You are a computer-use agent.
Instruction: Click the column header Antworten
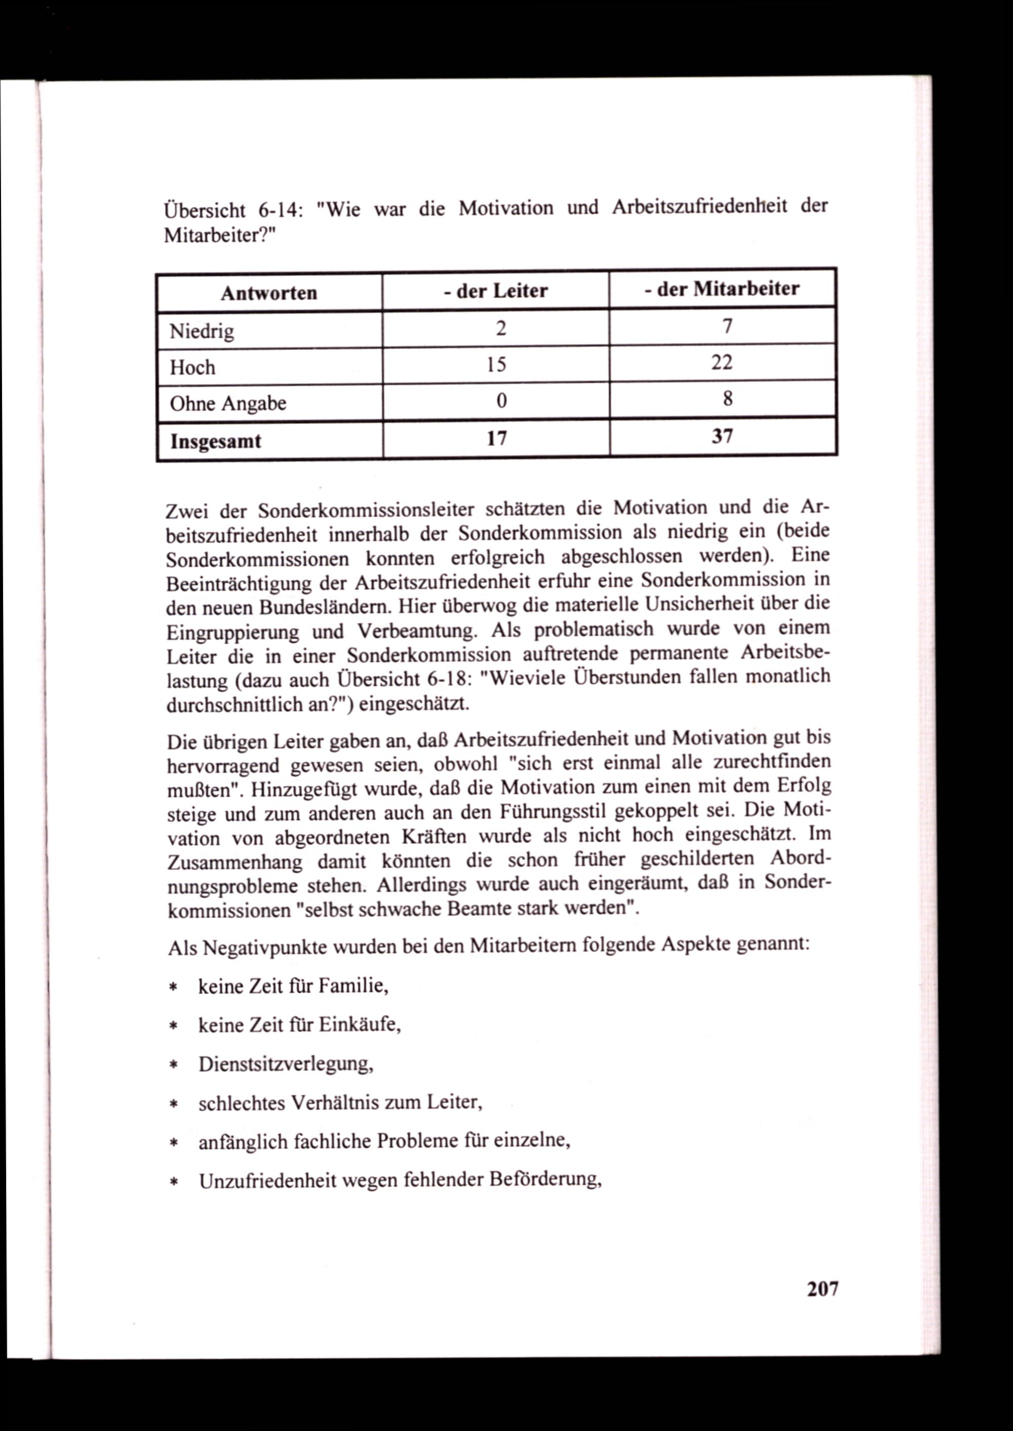(269, 293)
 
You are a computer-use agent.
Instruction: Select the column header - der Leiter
(496, 291)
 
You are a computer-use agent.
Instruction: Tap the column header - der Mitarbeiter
(722, 289)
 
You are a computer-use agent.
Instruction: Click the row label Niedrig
(202, 331)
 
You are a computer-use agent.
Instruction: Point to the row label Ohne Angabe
(228, 403)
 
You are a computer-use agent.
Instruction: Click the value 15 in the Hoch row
(496, 364)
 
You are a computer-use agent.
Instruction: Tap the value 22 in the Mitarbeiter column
(722, 362)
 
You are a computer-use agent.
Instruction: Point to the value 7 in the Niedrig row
(726, 326)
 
